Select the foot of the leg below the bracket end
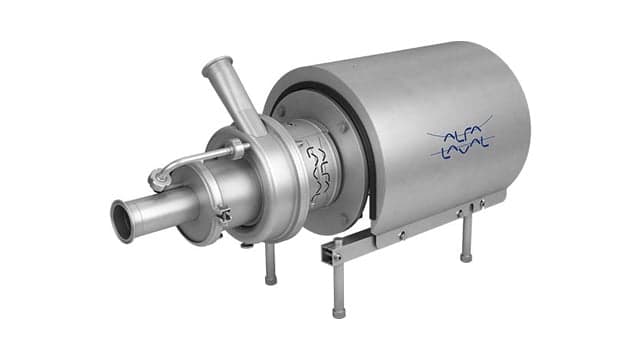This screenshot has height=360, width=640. (339, 312)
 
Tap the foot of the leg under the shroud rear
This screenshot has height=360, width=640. (466, 258)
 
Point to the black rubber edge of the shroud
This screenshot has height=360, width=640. (366, 150)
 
